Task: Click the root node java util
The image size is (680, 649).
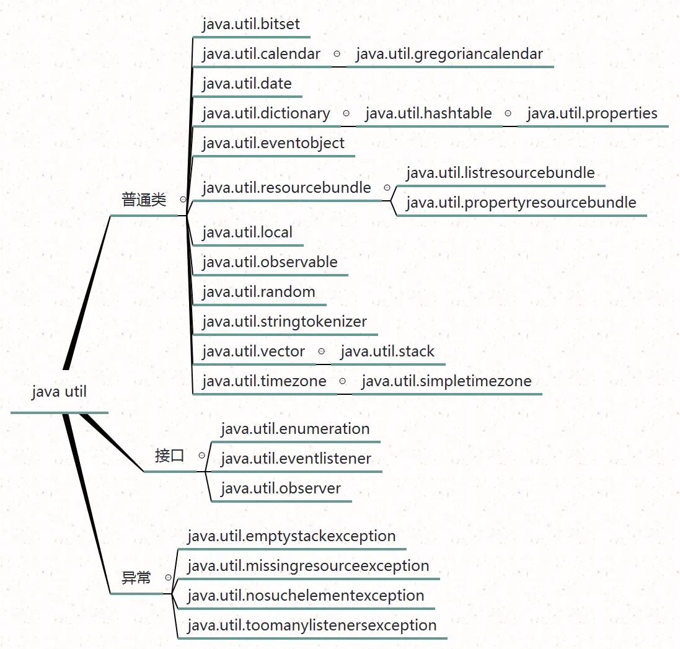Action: tap(59, 392)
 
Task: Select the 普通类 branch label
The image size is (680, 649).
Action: tap(144, 200)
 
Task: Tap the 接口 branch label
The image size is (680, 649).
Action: tap(169, 456)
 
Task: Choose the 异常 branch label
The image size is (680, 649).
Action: tap(136, 578)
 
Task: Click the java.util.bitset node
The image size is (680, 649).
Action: tap(251, 24)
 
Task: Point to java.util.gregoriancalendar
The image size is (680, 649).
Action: tap(449, 54)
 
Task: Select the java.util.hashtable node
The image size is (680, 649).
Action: tap(428, 113)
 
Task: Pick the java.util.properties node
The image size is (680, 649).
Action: tap(591, 113)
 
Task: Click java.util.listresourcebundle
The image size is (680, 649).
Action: tap(500, 173)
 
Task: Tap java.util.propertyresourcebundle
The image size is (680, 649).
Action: tap(521, 203)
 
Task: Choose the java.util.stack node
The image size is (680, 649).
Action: tap(387, 351)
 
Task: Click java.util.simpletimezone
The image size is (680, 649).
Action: tap(446, 381)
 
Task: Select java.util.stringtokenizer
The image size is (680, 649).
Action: tap(285, 322)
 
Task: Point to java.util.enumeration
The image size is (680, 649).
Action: tap(295, 428)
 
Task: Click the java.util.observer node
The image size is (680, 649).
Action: tap(281, 488)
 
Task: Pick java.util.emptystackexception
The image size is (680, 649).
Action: tap(291, 536)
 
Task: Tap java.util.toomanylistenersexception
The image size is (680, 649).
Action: tap(312, 625)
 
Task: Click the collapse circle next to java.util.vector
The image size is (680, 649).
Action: tap(321, 351)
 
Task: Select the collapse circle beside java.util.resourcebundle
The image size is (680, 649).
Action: tap(387, 187)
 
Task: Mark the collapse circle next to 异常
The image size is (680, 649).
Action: tap(168, 577)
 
